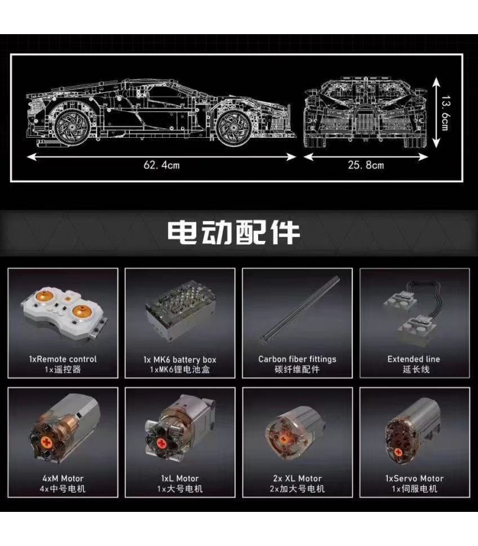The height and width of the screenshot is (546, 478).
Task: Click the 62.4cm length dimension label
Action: pyautogui.click(x=161, y=164)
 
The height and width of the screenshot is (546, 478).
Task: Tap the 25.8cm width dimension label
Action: pyautogui.click(x=366, y=164)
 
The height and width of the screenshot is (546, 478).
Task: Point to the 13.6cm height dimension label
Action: pyautogui.click(x=445, y=113)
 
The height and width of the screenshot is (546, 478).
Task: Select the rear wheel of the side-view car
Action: pyautogui.click(x=72, y=128)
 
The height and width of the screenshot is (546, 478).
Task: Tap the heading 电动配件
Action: pyautogui.click(x=234, y=232)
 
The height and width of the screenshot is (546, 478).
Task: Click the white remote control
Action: pyautogui.click(x=64, y=313)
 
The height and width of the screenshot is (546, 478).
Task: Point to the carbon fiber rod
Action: pyautogui.click(x=300, y=308)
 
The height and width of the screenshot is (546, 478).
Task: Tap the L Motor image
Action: pyautogui.click(x=180, y=429)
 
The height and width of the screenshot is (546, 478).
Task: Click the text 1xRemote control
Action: pyautogui.click(x=63, y=359)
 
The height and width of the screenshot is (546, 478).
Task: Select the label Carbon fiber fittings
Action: pyautogui.click(x=297, y=359)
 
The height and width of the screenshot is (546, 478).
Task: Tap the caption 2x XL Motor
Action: pyautogui.click(x=297, y=478)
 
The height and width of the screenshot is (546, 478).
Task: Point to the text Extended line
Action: pyautogui.click(x=414, y=359)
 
